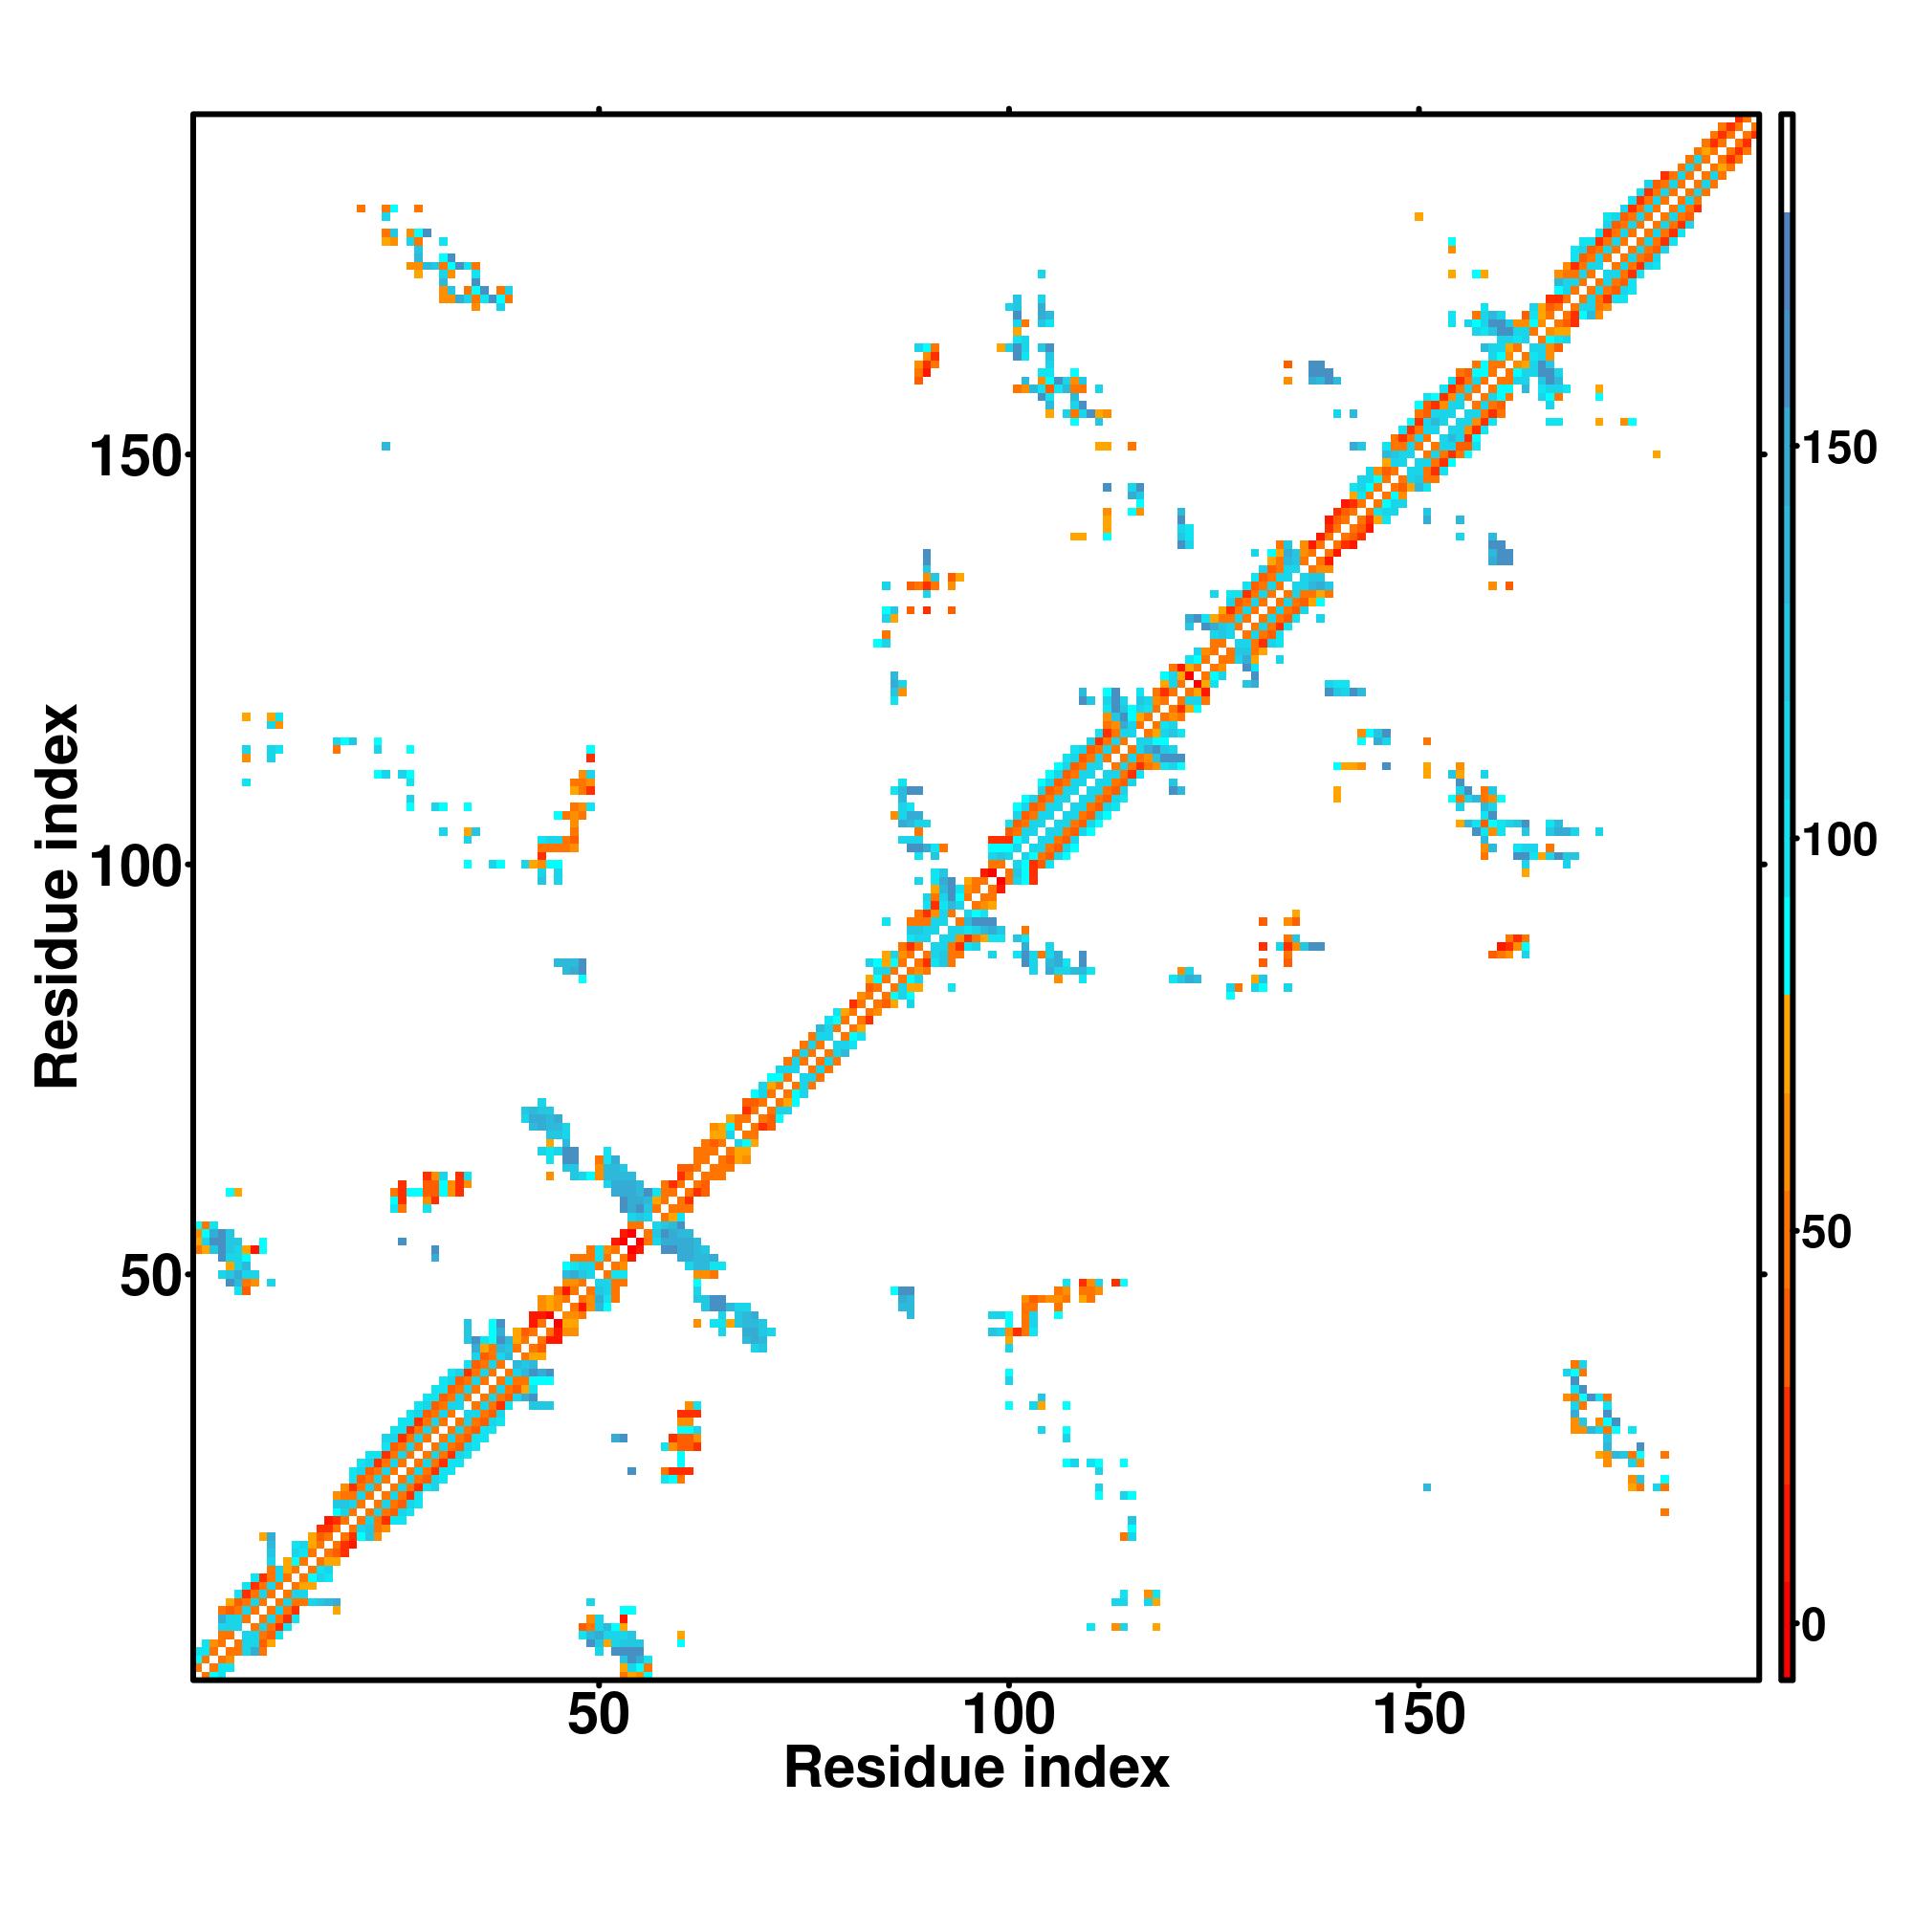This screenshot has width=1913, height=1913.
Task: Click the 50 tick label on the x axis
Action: click(599, 1715)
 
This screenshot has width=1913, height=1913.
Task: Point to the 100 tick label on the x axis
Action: click(1009, 1715)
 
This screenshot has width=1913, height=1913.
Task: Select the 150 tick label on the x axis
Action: click(1418, 1715)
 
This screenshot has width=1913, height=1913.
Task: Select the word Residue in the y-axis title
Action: click(56, 976)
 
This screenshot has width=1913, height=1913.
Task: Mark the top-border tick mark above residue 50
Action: click(599, 109)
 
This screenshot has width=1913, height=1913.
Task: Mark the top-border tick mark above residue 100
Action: click(1009, 109)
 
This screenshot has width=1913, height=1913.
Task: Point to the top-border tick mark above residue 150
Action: click(1418, 109)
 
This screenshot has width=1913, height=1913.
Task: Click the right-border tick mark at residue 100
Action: click(1764, 866)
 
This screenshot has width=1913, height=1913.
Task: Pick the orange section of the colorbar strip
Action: click(1788, 1138)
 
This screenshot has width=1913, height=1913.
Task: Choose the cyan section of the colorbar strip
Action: click(1788, 891)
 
